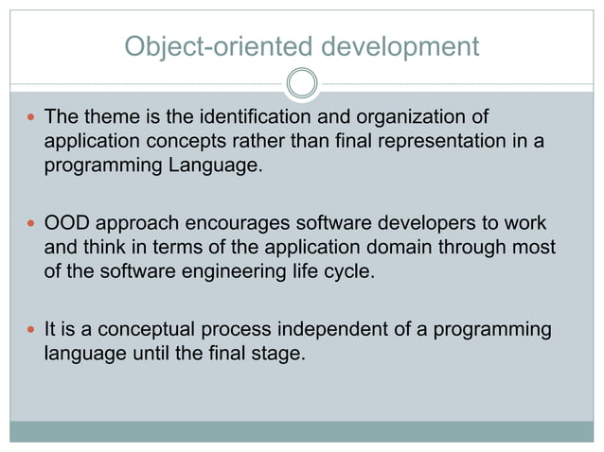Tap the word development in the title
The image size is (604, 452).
pos(399,45)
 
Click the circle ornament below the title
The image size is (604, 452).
pos(301,83)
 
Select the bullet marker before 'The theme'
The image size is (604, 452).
pos(31,118)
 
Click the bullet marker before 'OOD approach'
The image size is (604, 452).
pos(31,224)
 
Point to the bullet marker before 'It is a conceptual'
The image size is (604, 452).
pos(31,330)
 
